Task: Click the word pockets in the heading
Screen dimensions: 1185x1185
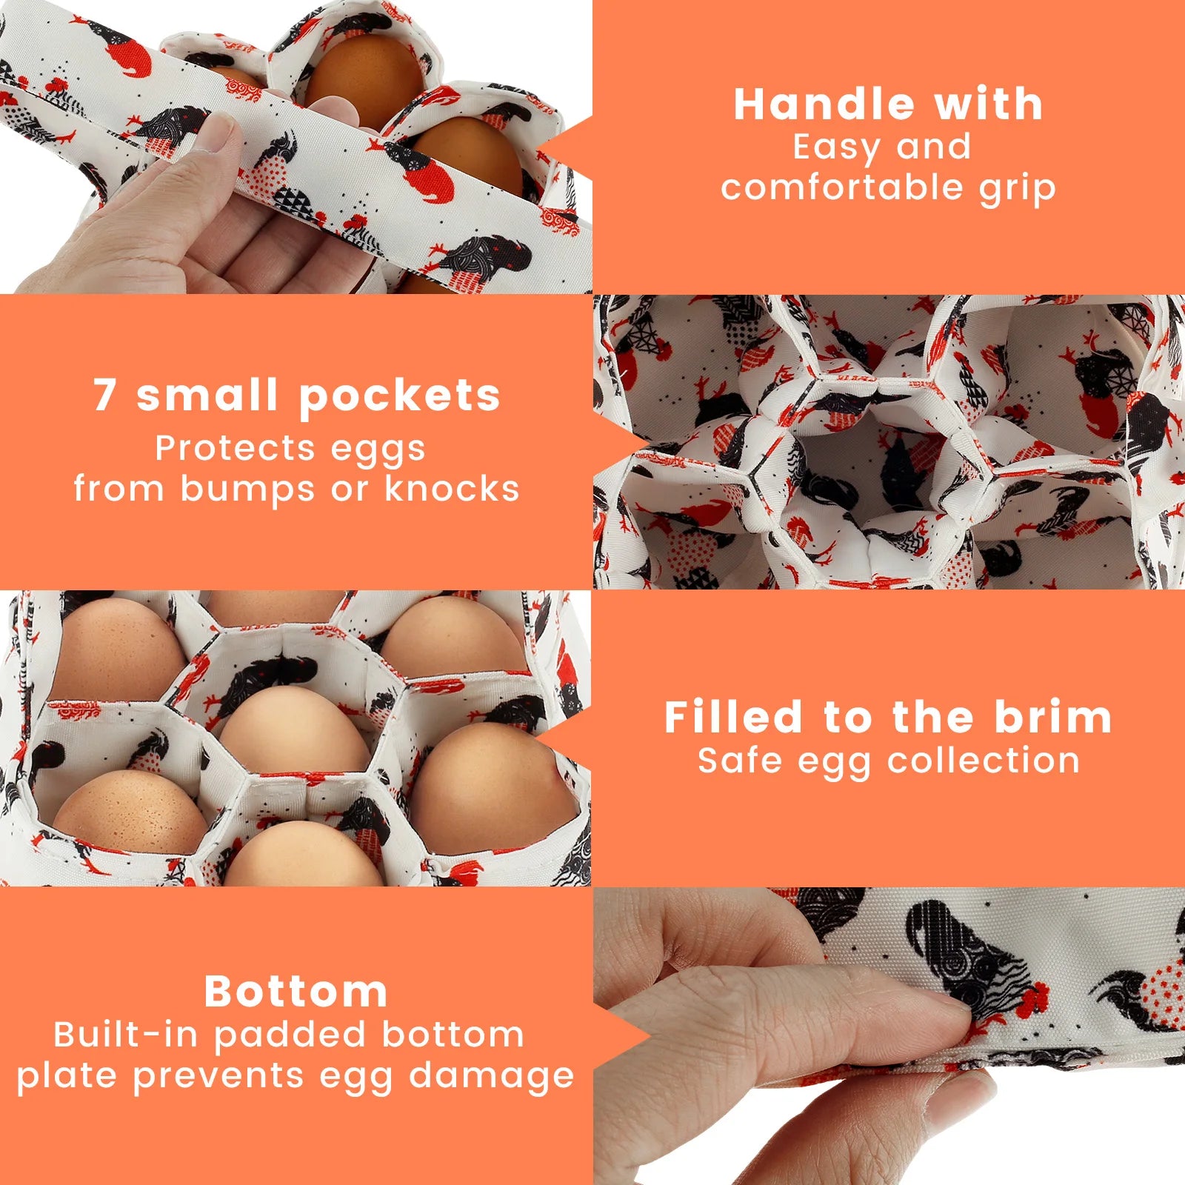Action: click(400, 396)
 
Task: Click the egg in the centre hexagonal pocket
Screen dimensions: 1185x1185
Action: click(295, 730)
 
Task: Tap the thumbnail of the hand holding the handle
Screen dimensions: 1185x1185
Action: click(296, 147)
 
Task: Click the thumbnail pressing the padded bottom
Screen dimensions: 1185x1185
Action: click(889, 1036)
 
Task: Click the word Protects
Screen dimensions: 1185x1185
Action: click(233, 448)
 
